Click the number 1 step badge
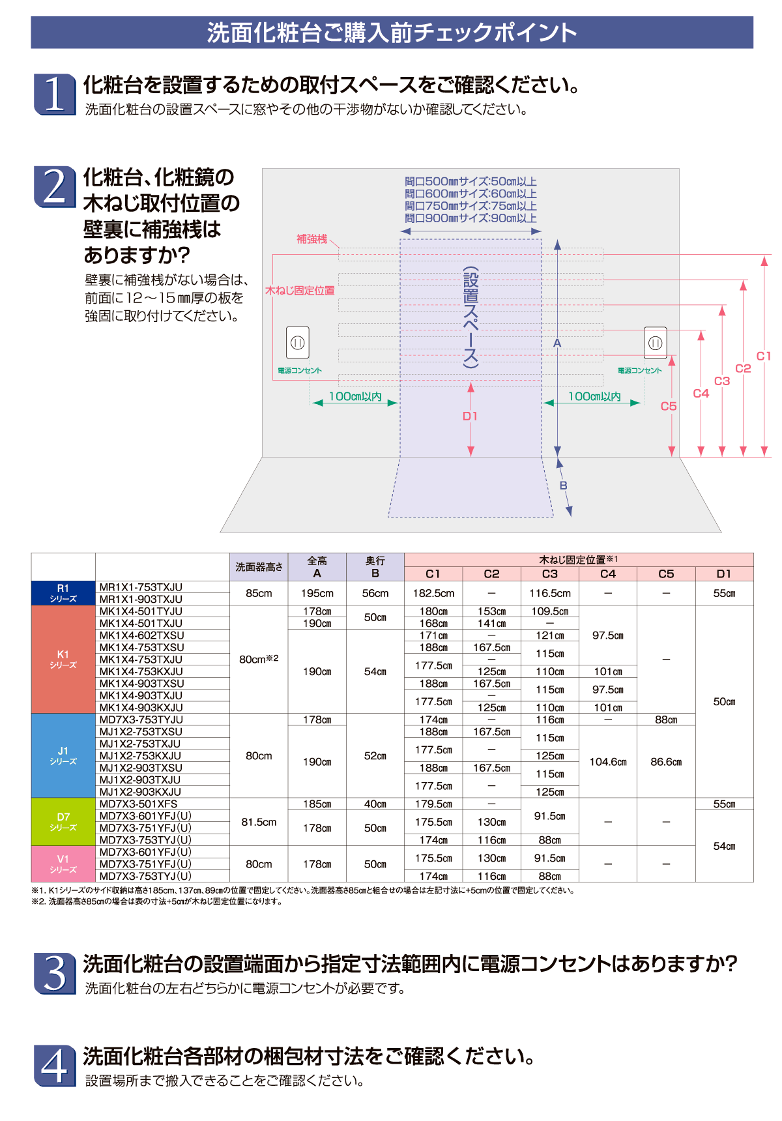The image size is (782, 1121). [x=54, y=94]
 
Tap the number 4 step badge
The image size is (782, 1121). [x=54, y=1066]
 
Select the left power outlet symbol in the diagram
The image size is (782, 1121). [x=298, y=342]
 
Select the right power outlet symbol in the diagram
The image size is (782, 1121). [x=655, y=343]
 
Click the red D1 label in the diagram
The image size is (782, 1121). [x=470, y=416]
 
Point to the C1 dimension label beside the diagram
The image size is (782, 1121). [x=763, y=356]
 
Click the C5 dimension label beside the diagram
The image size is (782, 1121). [x=669, y=406]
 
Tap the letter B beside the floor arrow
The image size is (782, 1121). [x=564, y=486]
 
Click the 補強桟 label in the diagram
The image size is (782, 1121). [x=312, y=239]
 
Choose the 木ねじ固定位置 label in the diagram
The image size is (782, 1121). [x=300, y=291]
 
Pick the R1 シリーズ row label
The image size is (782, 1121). [x=63, y=593]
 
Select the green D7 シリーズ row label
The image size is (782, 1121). [x=63, y=822]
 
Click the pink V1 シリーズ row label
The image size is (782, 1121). [x=63, y=864]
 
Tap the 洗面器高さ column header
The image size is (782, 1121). [x=259, y=567]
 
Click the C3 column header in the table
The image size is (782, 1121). [x=550, y=574]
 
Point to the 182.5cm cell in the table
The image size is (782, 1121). [x=433, y=594]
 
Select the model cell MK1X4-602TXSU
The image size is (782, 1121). [x=141, y=635]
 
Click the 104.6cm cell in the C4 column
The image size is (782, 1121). [x=608, y=762]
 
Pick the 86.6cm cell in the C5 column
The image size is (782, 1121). [x=666, y=762]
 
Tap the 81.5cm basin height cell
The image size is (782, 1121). [x=259, y=823]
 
